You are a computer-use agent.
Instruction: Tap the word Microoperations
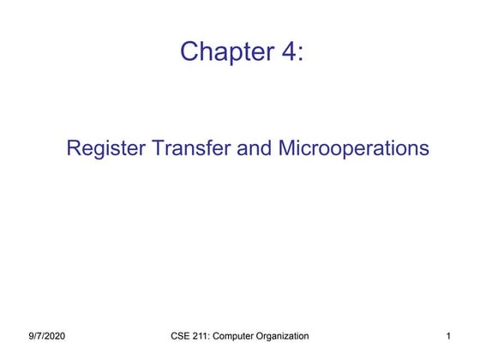point(353,148)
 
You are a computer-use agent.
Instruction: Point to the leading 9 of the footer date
point(30,335)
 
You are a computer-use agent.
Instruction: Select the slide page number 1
point(448,335)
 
